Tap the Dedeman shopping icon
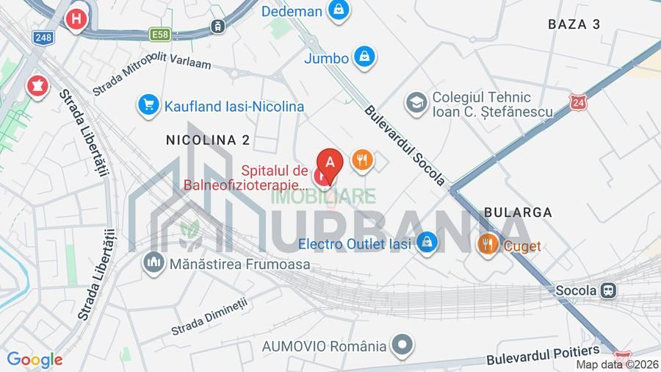pyautogui.click(x=338, y=10)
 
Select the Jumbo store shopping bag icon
pyautogui.click(x=364, y=56)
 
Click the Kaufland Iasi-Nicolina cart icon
pyautogui.click(x=148, y=106)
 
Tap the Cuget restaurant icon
pyautogui.click(x=488, y=245)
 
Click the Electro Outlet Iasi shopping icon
pyautogui.click(x=427, y=243)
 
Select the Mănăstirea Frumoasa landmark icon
pyautogui.click(x=154, y=262)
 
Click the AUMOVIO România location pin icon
pyautogui.click(x=402, y=345)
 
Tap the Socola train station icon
pyautogui.click(x=609, y=290)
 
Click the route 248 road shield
pyautogui.click(x=42, y=37)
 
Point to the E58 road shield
pyautogui.click(x=159, y=34)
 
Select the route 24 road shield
pyautogui.click(x=579, y=101)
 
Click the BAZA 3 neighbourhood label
pyautogui.click(x=574, y=24)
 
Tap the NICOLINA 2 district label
pyautogui.click(x=208, y=140)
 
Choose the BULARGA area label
pyautogui.click(x=518, y=212)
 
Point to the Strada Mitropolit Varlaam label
pyautogui.click(x=151, y=76)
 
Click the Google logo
pyautogui.click(x=35, y=360)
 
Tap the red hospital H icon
pyautogui.click(x=75, y=19)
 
